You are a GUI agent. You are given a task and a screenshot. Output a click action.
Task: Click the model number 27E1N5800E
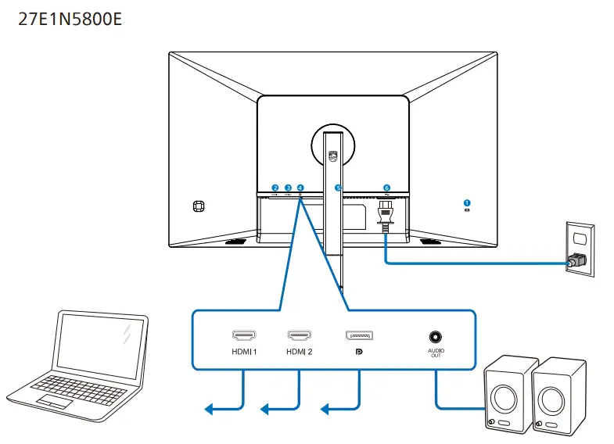[70, 18]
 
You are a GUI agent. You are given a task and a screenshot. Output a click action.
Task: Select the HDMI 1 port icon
[244, 335]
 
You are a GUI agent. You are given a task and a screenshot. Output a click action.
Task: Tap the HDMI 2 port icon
[299, 335]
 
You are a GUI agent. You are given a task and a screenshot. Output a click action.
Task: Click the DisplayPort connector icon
[359, 335]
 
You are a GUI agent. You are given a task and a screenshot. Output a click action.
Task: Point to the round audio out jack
[435, 336]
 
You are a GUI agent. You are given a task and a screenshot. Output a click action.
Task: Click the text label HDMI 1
[244, 352]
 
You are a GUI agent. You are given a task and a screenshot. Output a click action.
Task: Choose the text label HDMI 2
[299, 352]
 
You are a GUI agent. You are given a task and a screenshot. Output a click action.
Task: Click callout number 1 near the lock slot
[467, 202]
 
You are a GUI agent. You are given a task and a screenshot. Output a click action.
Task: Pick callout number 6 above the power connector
[386, 188]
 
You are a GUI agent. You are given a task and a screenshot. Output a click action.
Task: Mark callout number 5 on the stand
[338, 188]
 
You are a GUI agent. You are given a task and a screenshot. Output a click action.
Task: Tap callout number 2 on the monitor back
[275, 188]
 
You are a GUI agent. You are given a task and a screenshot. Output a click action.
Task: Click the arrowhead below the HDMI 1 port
[209, 409]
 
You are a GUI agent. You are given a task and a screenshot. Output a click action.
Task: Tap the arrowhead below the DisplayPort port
[325, 409]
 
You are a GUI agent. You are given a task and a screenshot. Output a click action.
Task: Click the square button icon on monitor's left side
[198, 206]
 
